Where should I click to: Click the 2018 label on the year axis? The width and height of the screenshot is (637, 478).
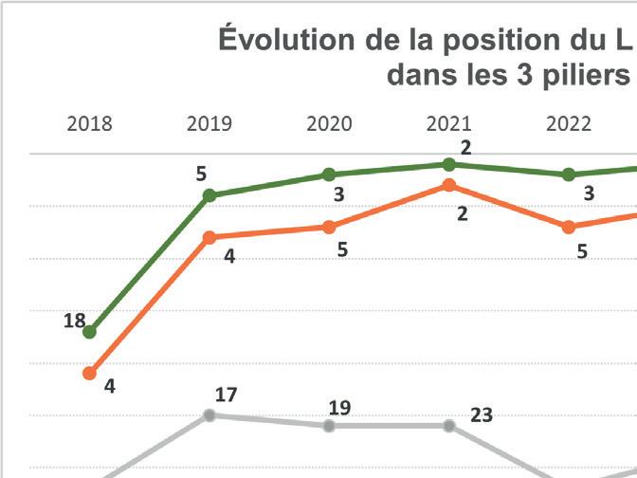89,124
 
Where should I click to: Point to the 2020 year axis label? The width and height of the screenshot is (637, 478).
330,124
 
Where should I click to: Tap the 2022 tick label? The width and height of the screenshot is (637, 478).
569,124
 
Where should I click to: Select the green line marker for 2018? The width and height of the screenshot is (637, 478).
90,332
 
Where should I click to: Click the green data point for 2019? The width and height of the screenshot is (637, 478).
209,195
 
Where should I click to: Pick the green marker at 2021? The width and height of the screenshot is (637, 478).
449,164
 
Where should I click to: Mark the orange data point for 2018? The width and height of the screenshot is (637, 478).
90,373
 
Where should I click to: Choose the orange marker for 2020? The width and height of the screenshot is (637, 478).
329,227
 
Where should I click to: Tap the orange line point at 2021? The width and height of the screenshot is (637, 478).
449,185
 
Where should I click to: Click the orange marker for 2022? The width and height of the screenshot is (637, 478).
569,227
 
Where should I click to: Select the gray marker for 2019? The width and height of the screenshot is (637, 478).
209,414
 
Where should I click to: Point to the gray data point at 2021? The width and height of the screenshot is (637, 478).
449,425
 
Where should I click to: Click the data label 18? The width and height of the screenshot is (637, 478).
74,321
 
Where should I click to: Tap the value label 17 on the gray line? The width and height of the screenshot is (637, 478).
226,394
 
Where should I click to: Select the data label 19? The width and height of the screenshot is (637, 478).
340,407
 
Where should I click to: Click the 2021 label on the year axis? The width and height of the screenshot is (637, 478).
449,124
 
